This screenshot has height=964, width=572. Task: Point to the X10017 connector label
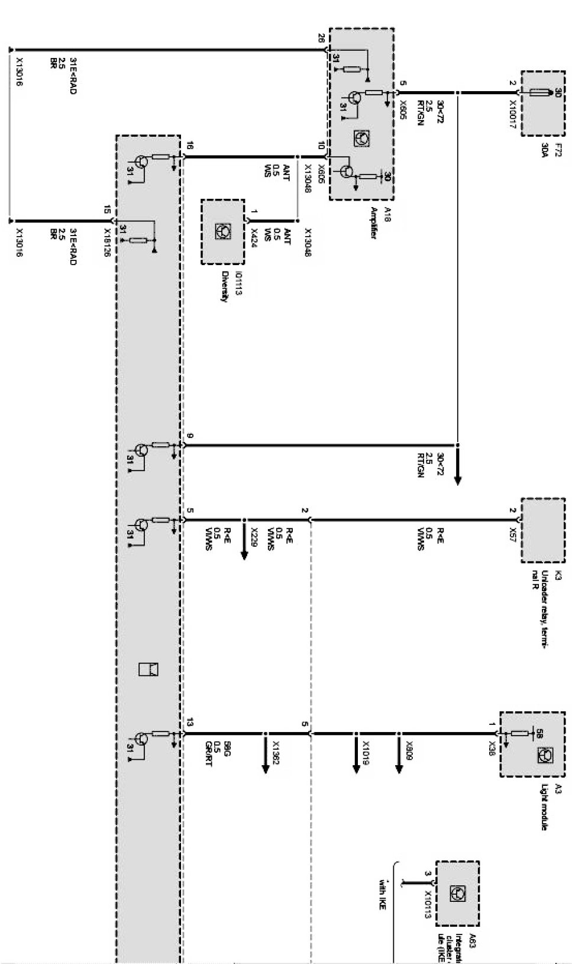[x=513, y=109]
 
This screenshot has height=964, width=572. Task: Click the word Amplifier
[x=373, y=223]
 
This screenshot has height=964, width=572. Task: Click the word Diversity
[x=224, y=286]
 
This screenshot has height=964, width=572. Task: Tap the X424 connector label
[x=254, y=237]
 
